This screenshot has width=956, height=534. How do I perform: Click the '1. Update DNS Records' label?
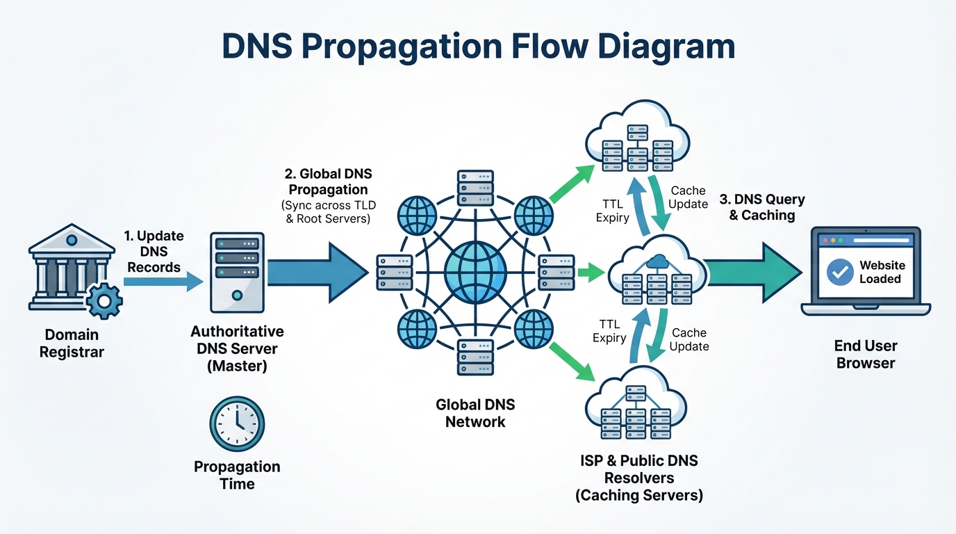click(x=154, y=251)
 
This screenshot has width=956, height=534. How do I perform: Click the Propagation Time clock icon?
click(x=237, y=423)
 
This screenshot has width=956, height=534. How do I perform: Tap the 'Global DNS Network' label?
click(x=476, y=412)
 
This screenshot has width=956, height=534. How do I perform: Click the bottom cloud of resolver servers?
click(x=638, y=407)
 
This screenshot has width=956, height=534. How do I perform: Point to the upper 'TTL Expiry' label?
click(x=612, y=211)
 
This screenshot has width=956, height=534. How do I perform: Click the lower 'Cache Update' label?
click(x=689, y=340)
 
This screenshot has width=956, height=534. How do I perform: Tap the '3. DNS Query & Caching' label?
click(x=761, y=207)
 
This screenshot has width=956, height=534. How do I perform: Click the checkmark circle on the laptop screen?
click(x=840, y=272)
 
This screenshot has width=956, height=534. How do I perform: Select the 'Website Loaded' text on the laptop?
click(x=882, y=272)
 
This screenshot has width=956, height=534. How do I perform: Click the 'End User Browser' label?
click(x=866, y=354)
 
